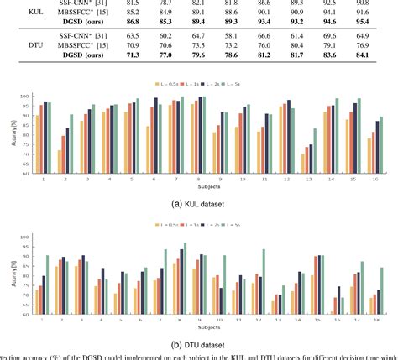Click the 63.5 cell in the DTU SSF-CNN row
(x=133, y=39)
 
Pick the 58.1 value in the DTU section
(x=225, y=39)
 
